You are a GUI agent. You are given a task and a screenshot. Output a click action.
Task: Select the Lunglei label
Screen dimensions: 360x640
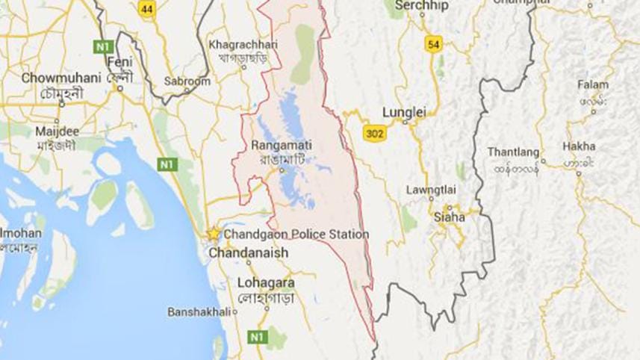[403, 112]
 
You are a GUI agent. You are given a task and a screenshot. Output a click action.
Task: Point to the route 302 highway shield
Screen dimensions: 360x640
[376, 132]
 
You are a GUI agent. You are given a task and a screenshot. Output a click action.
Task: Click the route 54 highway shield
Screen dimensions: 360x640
[432, 44]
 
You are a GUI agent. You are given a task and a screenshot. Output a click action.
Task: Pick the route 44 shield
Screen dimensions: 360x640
[147, 9]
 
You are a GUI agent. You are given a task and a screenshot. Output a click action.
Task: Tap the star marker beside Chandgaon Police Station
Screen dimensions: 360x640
[214, 235]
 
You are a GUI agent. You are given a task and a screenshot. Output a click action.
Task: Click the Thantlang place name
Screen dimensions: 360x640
[513, 152]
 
